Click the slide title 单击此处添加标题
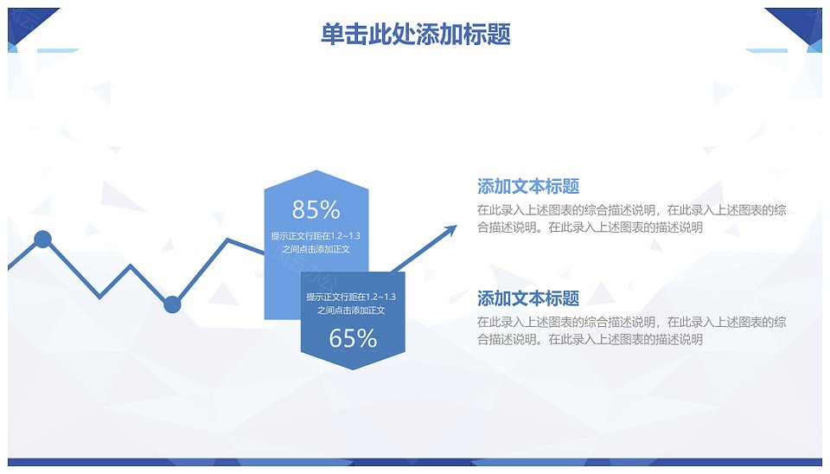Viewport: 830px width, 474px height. click(x=416, y=34)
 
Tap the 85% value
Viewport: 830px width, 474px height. click(x=316, y=209)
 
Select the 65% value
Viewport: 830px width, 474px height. click(x=353, y=338)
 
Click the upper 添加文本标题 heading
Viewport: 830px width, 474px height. click(x=527, y=187)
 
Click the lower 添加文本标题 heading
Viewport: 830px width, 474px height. click(x=527, y=298)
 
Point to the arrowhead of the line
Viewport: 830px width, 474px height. click(x=452, y=229)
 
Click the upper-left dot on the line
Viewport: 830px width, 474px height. click(x=43, y=240)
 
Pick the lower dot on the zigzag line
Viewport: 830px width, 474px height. click(x=172, y=304)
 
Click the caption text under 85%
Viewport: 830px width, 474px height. click(x=316, y=242)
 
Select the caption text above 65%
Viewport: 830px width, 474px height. click(x=351, y=304)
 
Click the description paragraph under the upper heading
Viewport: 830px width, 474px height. click(x=631, y=219)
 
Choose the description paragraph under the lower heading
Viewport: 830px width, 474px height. click(x=631, y=330)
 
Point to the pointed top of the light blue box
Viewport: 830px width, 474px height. click(x=316, y=170)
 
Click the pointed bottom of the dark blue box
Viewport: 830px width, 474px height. click(x=353, y=369)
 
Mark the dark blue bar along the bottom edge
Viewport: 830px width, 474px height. click(x=415, y=463)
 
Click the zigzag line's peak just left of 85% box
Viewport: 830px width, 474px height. click(x=228, y=240)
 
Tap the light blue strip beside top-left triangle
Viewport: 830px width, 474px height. click(x=57, y=50)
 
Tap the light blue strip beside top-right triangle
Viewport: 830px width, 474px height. click(x=766, y=50)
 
